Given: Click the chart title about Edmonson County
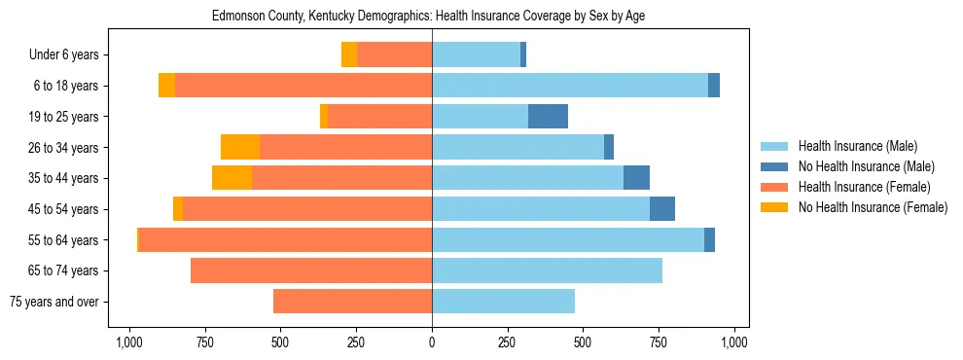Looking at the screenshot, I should pos(428,16).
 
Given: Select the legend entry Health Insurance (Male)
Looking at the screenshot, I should pos(857,146).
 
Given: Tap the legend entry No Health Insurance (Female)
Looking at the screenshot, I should pos(873,207).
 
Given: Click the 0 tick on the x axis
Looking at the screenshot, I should pos(432,342).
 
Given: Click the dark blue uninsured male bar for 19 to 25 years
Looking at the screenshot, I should pos(548,117).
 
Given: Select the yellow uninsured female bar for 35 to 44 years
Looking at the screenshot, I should pos(232,178).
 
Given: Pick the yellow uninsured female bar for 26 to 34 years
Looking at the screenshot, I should pos(240,147).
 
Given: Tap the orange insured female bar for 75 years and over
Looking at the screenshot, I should pos(352,302).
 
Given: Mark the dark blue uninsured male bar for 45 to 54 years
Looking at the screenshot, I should pos(662,209).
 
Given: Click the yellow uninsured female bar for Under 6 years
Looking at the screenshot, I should pos(349,55).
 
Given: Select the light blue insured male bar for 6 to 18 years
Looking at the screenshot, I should pos(570,86).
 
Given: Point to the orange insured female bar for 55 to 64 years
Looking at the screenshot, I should pos(285,240).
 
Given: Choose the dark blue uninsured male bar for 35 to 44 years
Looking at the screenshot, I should pos(636,178).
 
